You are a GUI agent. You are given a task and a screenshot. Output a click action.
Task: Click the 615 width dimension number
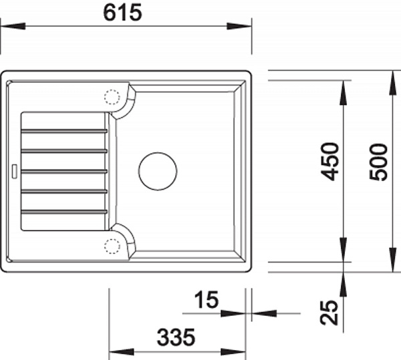pyautogui.click(x=122, y=13)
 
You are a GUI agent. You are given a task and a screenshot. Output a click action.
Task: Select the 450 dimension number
pyautogui.click(x=330, y=162)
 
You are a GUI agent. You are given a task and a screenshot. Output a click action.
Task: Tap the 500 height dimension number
pyautogui.click(x=378, y=162)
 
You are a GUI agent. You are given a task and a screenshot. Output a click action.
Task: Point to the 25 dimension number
pyautogui.click(x=329, y=312)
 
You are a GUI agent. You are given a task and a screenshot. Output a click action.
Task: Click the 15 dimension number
pyautogui.click(x=207, y=299)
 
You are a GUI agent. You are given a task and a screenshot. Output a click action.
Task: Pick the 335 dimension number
pyautogui.click(x=176, y=337)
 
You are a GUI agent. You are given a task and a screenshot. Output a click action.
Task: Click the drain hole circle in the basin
pyautogui.click(x=158, y=171)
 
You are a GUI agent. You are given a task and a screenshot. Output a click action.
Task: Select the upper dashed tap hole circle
pyautogui.click(x=112, y=97)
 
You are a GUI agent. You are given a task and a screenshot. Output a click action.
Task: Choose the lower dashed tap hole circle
pyautogui.click(x=112, y=246)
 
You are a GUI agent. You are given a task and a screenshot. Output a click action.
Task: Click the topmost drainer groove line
pyautogui.click(x=64, y=131)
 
